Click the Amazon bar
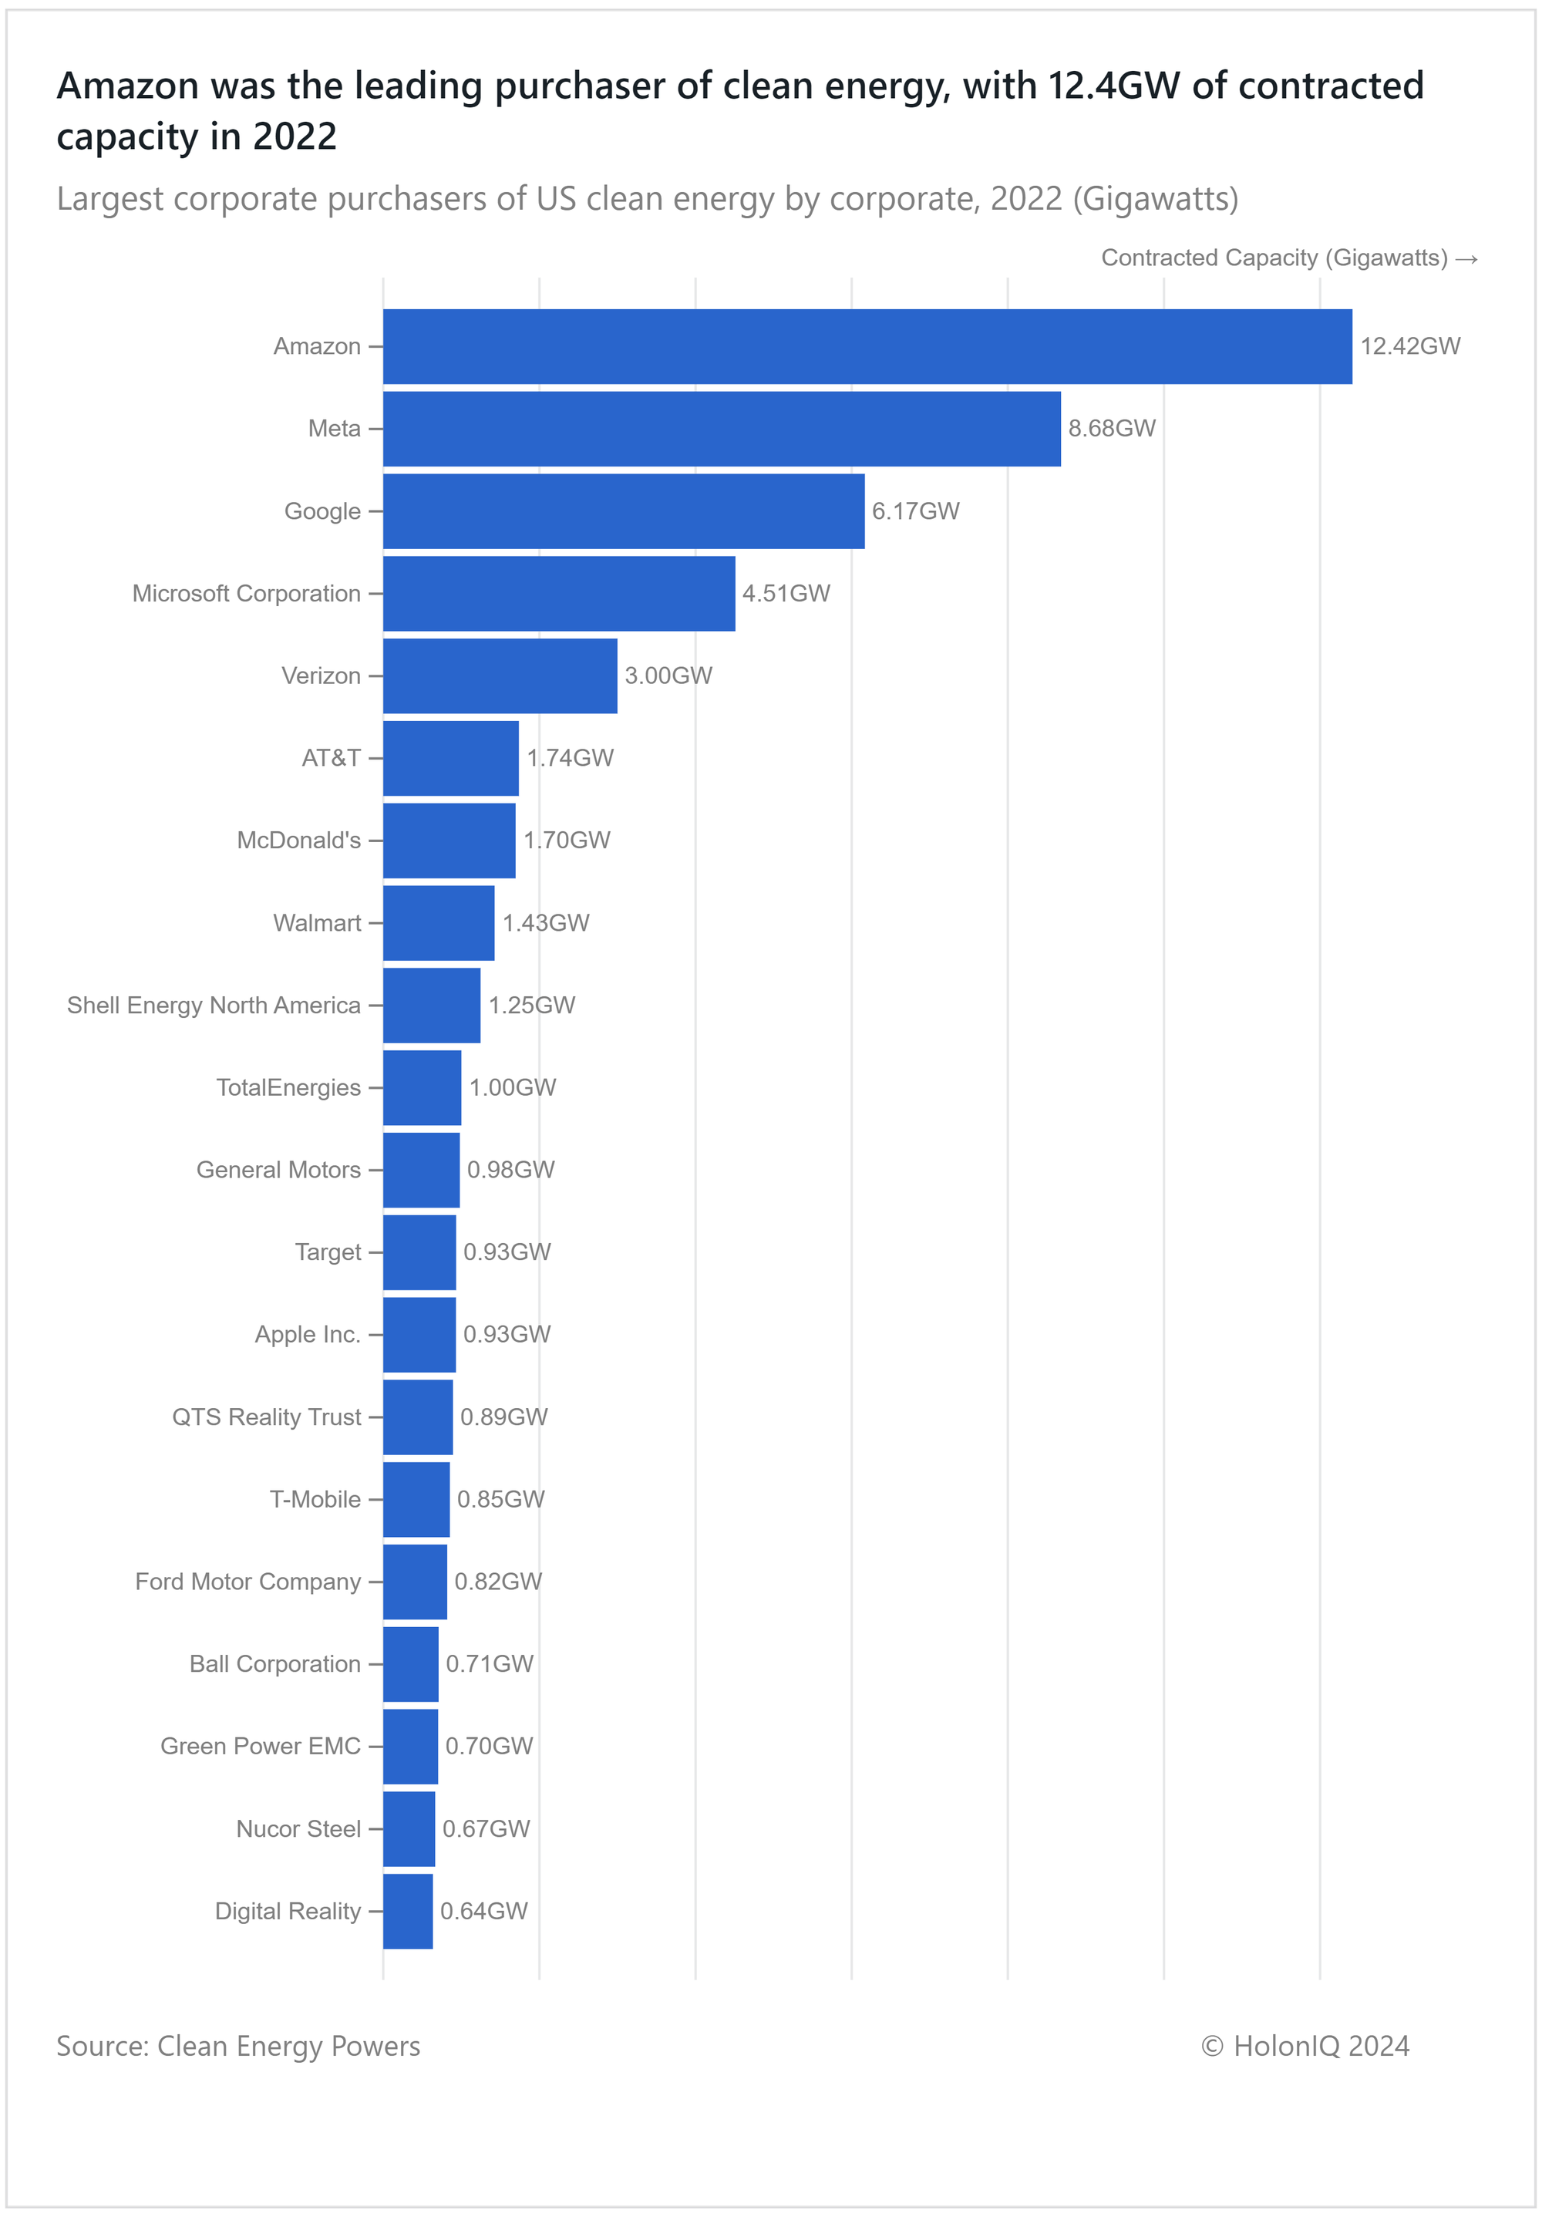coord(867,347)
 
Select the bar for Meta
coord(722,429)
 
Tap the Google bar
coord(624,510)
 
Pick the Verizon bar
coord(500,676)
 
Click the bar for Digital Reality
coord(407,1911)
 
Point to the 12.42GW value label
coord(1409,347)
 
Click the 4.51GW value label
coord(786,593)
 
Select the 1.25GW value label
coord(531,1006)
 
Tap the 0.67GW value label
coord(486,1829)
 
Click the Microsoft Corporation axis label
coord(246,593)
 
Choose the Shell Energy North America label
coord(214,1006)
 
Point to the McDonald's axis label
coord(298,840)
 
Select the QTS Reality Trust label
coord(267,1417)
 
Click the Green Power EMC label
coord(261,1746)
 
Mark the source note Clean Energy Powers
coord(238,2046)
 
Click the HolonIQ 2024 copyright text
coord(1305,2045)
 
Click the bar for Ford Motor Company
coord(416,1582)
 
